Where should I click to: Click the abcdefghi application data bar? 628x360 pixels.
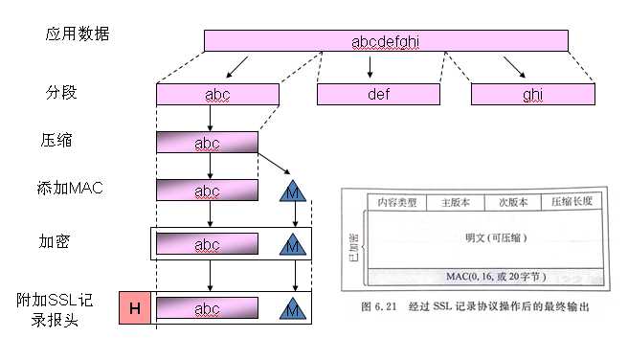coord(385,40)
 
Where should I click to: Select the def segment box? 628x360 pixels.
coord(372,94)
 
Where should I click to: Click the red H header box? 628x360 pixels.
coord(135,308)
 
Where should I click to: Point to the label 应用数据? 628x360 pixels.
coord(78,34)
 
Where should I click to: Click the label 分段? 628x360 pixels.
coord(59,94)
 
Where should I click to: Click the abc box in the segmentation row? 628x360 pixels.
coord(217,94)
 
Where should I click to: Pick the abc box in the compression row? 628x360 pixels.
coord(207,143)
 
